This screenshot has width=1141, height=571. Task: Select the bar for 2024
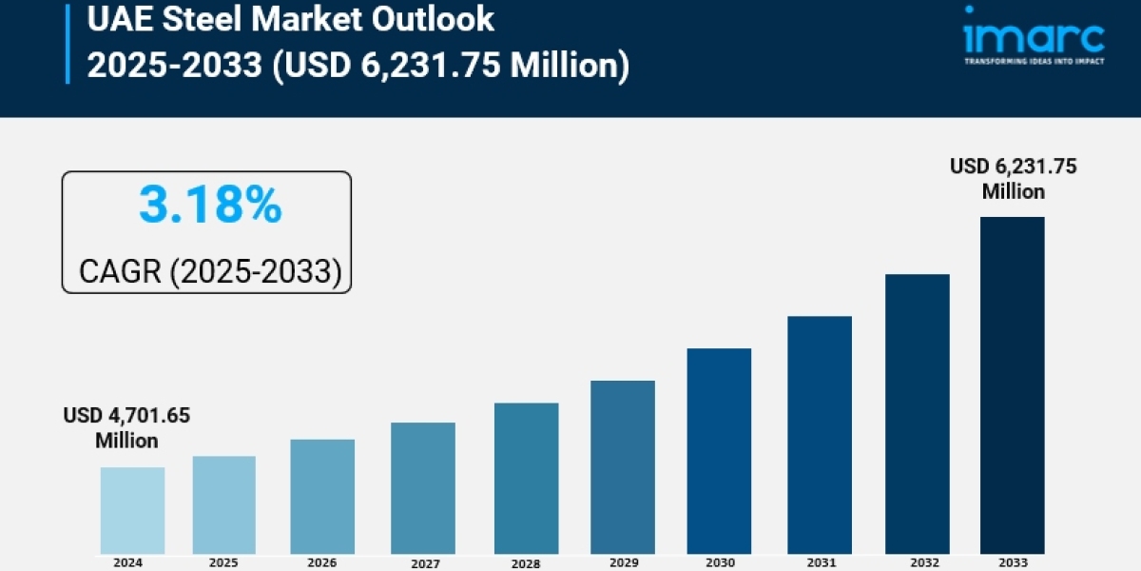132,510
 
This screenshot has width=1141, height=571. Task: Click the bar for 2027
423,487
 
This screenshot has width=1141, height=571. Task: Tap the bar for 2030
719,450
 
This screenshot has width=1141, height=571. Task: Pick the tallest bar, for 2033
1012,384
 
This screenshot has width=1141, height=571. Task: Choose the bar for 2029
622,466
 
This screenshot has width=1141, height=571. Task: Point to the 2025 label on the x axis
224,562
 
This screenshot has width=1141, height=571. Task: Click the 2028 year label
526,563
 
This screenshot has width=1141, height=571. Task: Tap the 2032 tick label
917,562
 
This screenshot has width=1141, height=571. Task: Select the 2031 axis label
819,562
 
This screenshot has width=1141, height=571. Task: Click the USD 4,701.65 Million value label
126,428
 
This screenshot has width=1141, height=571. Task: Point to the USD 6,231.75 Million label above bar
1014,179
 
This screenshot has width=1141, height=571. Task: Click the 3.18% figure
210,206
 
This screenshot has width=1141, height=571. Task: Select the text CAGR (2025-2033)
209,271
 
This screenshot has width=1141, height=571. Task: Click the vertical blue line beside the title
68,42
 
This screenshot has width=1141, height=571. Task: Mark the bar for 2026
322,496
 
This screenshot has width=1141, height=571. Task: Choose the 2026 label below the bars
322,562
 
